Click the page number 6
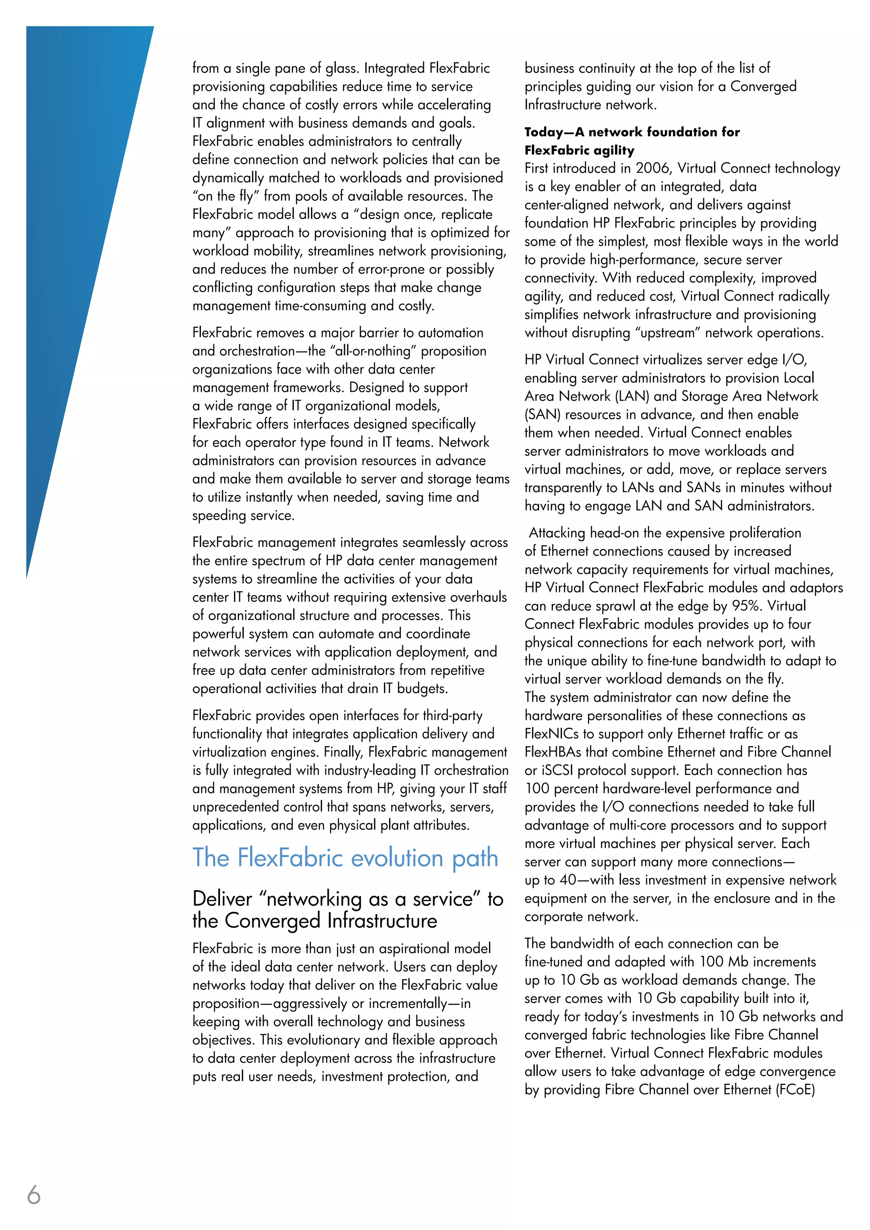tap(34, 1195)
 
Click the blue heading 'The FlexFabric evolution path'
tap(345, 858)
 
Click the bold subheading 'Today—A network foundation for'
tap(632, 132)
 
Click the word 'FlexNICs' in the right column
tap(550, 734)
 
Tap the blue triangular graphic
tap(75, 214)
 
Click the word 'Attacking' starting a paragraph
tap(556, 533)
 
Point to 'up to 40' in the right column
tap(550, 880)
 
